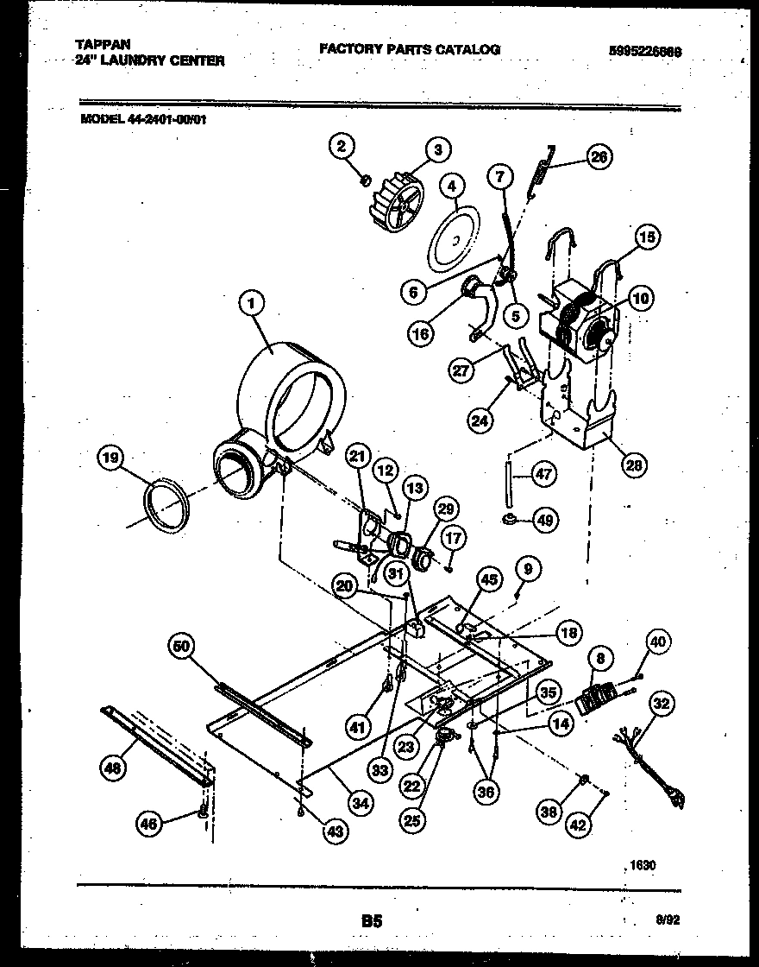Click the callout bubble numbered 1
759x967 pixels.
pyautogui.click(x=251, y=303)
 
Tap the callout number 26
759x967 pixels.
pyautogui.click(x=599, y=156)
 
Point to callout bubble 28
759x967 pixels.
pyautogui.click(x=634, y=465)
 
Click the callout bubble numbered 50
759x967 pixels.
pyautogui.click(x=185, y=646)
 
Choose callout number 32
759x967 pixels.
pyautogui.click(x=662, y=704)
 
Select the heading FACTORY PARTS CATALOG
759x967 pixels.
pyautogui.click(x=410, y=50)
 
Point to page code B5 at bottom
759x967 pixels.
pyautogui.click(x=372, y=922)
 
